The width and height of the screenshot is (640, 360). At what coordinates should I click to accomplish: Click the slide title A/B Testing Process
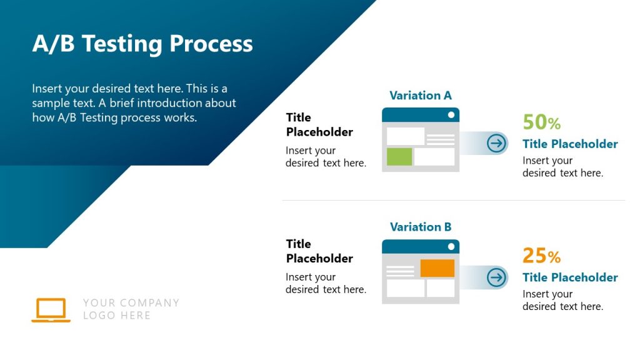(x=142, y=44)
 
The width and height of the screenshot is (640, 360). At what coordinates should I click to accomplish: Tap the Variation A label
(x=420, y=96)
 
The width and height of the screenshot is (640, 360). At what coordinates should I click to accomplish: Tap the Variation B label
(x=420, y=227)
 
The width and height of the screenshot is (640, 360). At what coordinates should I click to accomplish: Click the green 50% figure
(x=541, y=122)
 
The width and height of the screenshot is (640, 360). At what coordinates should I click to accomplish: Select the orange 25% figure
(x=541, y=256)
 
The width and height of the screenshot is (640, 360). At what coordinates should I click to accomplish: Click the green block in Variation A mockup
(x=399, y=157)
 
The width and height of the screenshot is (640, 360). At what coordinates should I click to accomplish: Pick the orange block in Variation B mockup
(x=437, y=268)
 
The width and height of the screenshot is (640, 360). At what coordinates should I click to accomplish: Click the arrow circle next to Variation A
(x=496, y=143)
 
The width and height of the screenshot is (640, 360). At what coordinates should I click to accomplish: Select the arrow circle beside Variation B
(x=496, y=277)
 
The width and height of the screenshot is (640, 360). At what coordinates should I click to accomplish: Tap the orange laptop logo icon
(x=51, y=310)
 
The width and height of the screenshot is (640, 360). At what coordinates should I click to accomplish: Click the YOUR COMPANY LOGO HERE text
(x=131, y=309)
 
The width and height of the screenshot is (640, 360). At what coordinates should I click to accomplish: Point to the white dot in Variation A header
(x=451, y=115)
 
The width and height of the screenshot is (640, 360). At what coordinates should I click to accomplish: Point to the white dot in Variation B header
(x=451, y=247)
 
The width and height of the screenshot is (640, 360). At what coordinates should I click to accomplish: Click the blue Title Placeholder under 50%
(x=570, y=144)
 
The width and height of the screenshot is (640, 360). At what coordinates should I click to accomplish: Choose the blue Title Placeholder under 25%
(x=570, y=277)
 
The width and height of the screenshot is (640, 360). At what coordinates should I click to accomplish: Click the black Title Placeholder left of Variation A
(x=319, y=124)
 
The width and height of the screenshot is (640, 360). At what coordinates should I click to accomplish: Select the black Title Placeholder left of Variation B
(x=319, y=251)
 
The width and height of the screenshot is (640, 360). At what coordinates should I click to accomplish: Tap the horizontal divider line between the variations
(x=453, y=201)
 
